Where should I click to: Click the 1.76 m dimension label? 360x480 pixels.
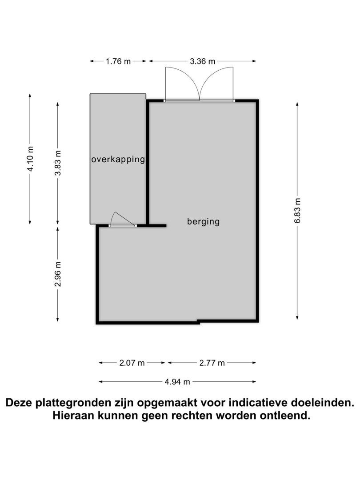(x=118, y=61)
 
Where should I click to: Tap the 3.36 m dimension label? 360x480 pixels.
(x=203, y=61)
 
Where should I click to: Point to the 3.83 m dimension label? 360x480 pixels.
(x=58, y=163)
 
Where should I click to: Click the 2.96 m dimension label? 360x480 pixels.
(x=58, y=274)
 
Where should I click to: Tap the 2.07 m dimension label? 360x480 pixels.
(x=132, y=363)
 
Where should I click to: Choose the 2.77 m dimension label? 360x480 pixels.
(x=212, y=363)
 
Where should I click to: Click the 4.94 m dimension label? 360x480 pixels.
(x=177, y=382)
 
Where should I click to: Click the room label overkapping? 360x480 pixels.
(x=118, y=160)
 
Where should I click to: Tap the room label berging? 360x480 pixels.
(x=204, y=221)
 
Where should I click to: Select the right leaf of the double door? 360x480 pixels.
(x=217, y=84)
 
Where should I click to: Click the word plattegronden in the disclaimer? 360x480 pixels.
(x=83, y=403)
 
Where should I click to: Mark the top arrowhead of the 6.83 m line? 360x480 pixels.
(x=297, y=104)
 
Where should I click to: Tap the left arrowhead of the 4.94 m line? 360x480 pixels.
(x=101, y=382)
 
